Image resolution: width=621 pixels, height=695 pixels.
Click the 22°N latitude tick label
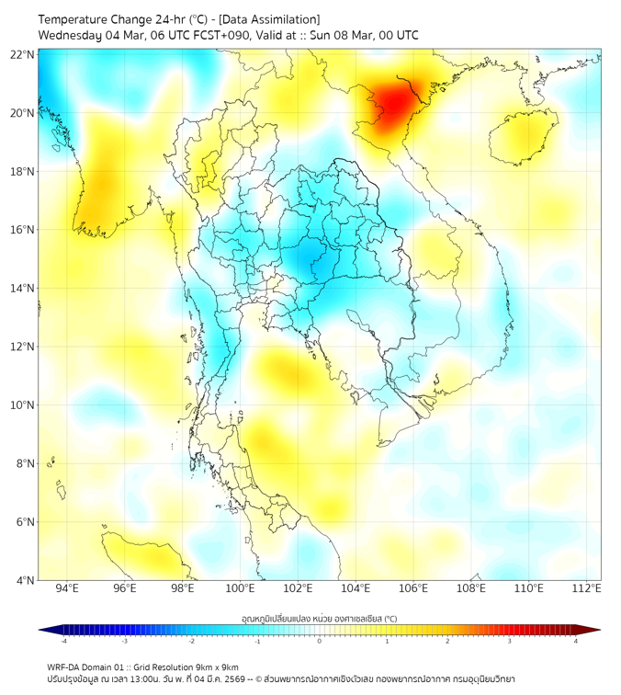[x=23, y=54]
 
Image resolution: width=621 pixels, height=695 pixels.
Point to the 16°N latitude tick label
[x=23, y=229]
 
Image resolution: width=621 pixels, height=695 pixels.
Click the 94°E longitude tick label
[x=67, y=589]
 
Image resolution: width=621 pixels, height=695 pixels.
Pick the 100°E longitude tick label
[x=241, y=589]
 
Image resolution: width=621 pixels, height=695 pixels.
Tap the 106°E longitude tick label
[x=414, y=589]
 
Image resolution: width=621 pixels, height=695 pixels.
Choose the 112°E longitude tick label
[x=587, y=589]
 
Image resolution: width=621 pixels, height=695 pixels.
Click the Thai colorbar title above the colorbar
[x=320, y=618]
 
